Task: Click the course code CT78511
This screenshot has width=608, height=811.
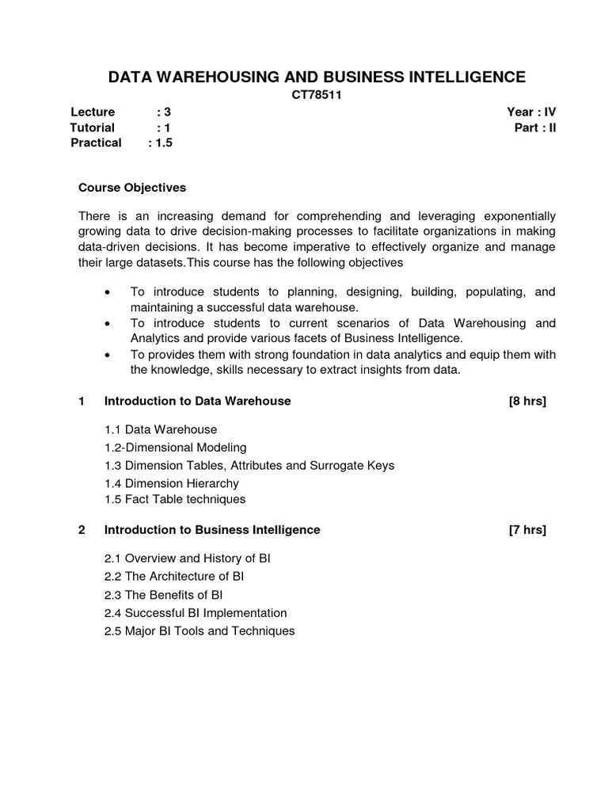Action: point(316,95)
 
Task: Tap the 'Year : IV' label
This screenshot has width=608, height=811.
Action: point(532,112)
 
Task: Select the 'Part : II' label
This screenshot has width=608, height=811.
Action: point(535,128)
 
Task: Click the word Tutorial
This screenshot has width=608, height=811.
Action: point(93,128)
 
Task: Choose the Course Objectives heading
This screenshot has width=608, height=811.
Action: point(132,188)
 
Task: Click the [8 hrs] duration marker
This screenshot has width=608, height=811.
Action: point(527,401)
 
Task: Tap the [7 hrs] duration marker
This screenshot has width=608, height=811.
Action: point(527,530)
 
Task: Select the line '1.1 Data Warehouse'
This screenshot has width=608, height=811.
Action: point(160,429)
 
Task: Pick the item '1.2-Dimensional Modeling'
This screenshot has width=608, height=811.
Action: point(175,447)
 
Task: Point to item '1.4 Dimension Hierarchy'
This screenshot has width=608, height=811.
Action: point(171,483)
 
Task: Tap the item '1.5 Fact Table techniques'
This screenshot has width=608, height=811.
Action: point(174,499)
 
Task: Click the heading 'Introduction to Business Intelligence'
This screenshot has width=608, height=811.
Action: point(212,530)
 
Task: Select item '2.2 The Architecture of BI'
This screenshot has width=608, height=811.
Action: point(173,577)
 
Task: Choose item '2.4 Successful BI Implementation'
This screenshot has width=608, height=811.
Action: point(195,613)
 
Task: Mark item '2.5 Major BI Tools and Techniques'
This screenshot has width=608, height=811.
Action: point(199,631)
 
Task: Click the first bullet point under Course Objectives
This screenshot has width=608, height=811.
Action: point(107,292)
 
